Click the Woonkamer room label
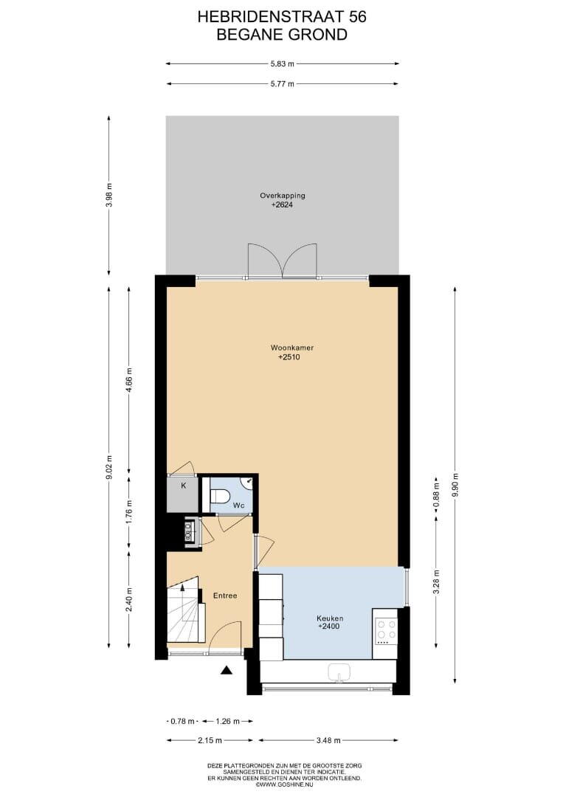coord(292,348)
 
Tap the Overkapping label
coord(283,196)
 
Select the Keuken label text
coord(330,618)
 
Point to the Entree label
coord(225,596)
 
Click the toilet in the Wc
coord(219,495)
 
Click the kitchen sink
coord(338,672)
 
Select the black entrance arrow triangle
coord(226,671)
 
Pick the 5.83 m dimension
coord(283,64)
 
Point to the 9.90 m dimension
coord(455,486)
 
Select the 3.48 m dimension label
coord(328,740)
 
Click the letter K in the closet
coord(184,486)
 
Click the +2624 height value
coord(283,205)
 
